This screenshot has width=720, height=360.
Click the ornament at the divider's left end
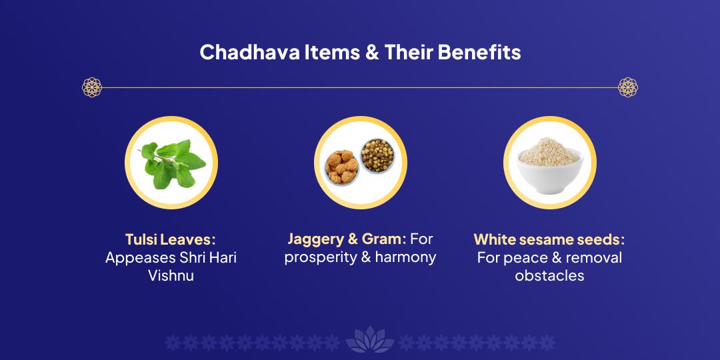click(x=91, y=87)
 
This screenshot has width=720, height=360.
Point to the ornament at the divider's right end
click(x=628, y=87)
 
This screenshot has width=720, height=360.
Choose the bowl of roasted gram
click(x=377, y=155)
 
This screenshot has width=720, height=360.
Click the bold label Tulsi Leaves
click(x=169, y=239)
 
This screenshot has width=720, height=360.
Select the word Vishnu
click(x=171, y=275)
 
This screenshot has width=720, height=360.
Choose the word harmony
click(x=405, y=257)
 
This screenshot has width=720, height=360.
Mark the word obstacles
click(x=549, y=275)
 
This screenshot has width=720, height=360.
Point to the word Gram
click(x=382, y=239)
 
